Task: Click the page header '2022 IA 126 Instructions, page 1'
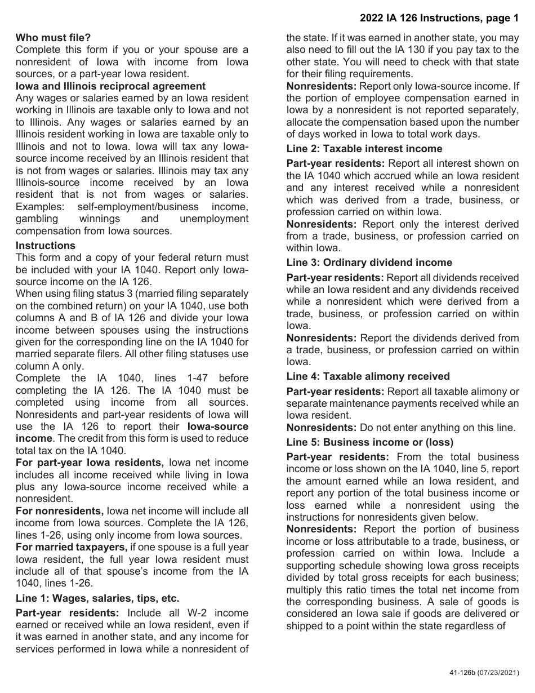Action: [x=439, y=19]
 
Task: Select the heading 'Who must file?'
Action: [x=53, y=38]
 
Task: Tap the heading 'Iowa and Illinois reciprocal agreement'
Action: [x=110, y=86]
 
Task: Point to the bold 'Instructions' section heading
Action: [x=45, y=246]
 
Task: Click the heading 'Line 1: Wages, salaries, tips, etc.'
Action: [x=97, y=598]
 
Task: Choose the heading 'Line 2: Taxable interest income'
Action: [x=364, y=149]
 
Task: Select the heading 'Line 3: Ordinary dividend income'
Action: [x=369, y=263]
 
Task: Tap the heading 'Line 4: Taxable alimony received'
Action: [x=368, y=376]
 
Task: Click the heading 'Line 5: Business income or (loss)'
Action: [x=369, y=442]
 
